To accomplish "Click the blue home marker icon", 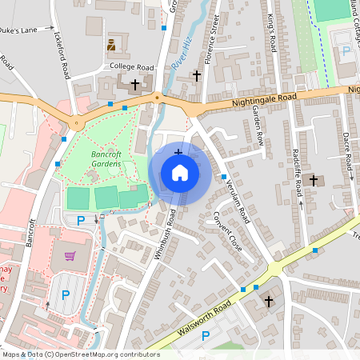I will point(180,173).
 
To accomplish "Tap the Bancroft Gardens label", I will point(106,158).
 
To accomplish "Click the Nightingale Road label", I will point(264,99).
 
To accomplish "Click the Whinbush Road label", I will point(165,233).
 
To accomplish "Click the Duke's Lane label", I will point(18,30).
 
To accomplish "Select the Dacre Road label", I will point(347,150).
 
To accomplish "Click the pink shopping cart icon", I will point(70,256).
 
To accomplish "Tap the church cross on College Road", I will point(134,83).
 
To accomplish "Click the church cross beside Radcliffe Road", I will point(313,180).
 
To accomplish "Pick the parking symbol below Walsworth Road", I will point(205,335).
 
